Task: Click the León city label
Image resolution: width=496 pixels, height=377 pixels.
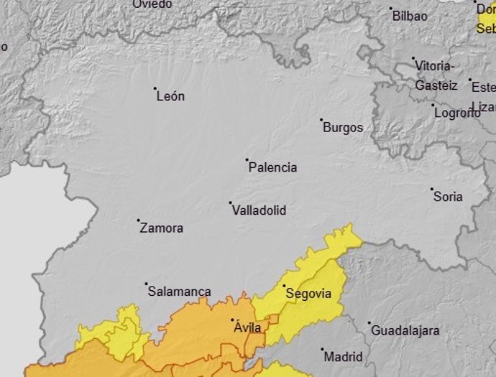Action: point(170,96)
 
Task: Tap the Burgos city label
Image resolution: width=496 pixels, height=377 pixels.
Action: point(343,128)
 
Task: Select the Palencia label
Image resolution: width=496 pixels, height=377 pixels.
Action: point(272,167)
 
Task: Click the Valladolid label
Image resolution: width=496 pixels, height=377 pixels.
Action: point(259,210)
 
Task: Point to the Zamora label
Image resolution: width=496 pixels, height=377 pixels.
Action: point(162,228)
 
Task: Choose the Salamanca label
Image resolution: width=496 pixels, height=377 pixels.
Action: point(179,292)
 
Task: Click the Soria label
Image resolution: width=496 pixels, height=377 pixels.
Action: point(448,197)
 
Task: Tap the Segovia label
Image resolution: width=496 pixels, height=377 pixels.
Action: point(308,293)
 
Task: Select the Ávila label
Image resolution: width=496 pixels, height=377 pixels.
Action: point(248,327)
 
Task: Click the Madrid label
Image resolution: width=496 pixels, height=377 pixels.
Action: point(344,356)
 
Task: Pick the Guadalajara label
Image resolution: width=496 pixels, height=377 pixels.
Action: point(405,331)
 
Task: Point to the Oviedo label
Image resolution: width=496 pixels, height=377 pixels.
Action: point(152,4)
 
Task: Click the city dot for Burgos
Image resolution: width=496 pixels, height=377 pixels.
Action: point(321,120)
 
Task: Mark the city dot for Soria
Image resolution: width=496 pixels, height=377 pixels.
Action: point(432,190)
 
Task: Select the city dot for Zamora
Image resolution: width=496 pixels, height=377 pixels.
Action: point(138,220)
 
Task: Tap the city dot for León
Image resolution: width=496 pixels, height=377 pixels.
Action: point(155,89)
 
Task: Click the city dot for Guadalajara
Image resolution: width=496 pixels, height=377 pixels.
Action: point(369,323)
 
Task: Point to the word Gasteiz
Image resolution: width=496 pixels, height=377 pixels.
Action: point(436,85)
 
